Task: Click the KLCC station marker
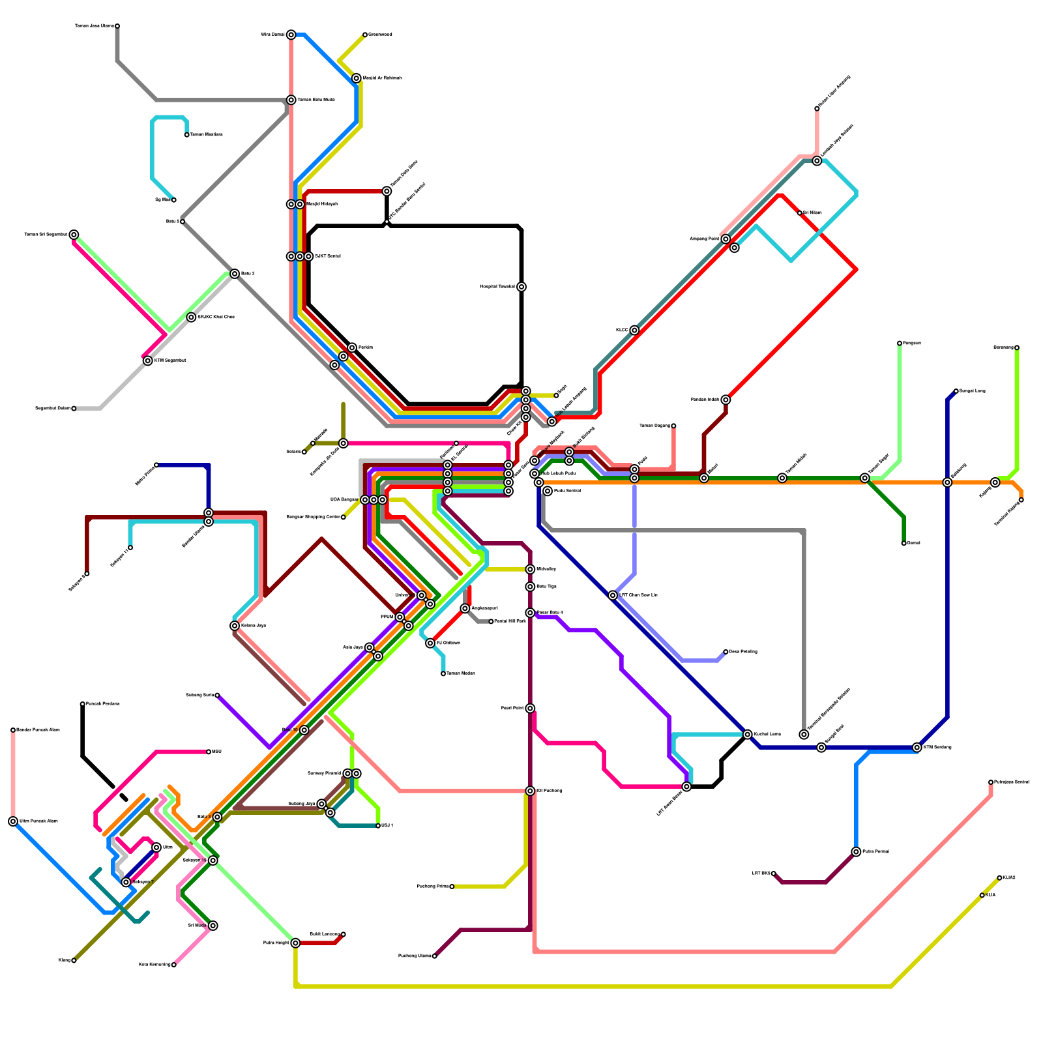634,331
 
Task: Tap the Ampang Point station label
705,239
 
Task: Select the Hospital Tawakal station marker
521,287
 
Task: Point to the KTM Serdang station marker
917,748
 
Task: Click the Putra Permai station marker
856,852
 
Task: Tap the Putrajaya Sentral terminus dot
991,782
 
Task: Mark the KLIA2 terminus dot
999,878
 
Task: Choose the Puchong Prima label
432,887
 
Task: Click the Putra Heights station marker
295,943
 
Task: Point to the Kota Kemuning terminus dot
173,965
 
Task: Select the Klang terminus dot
74,960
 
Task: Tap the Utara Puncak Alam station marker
13,821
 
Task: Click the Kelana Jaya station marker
235,626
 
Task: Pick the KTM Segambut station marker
148,360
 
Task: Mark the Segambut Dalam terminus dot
74,409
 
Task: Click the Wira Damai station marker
291,35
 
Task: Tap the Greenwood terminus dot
365,35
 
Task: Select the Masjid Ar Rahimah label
382,78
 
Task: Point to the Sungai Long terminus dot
956,391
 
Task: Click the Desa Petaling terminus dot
726,652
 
